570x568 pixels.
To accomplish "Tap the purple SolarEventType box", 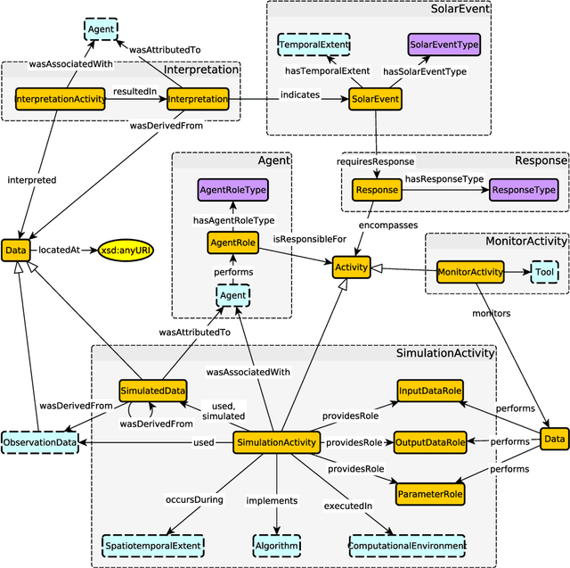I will [x=442, y=44].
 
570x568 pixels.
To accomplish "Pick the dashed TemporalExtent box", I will [x=313, y=44].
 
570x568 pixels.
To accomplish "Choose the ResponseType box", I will [x=524, y=189].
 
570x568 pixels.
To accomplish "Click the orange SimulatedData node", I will [x=152, y=390].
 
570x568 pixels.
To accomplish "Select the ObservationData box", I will [x=40, y=442].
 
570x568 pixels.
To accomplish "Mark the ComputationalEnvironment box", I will [x=407, y=545].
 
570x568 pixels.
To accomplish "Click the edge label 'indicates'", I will [x=300, y=93].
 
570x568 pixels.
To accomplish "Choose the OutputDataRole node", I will [x=431, y=442].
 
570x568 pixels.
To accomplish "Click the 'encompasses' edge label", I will [x=388, y=226].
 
